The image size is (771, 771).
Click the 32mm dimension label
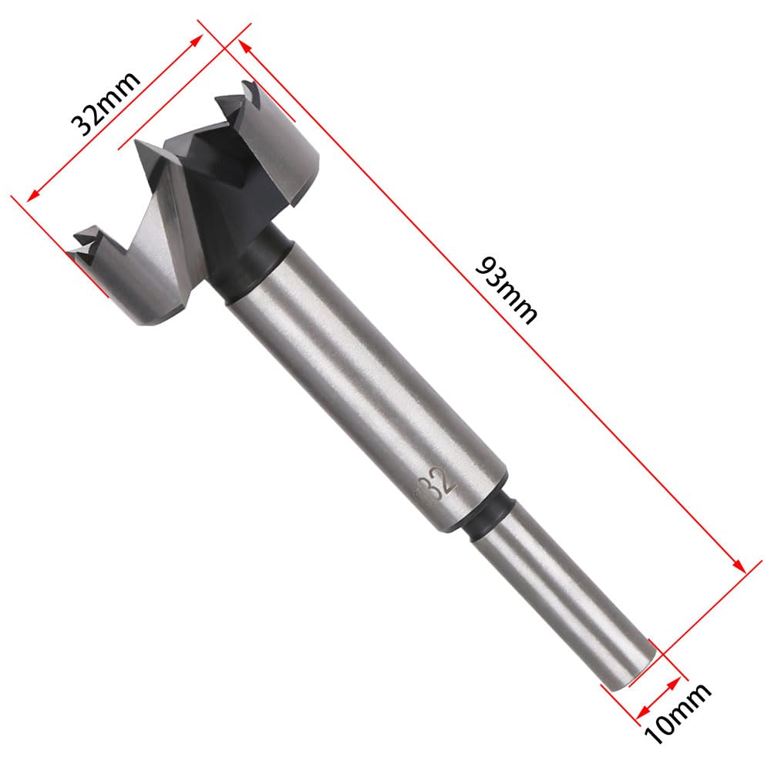coord(105,104)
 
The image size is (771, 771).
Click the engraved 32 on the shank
coord(440,485)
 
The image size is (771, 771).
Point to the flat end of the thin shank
coord(629,672)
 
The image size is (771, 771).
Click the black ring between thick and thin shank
coord(488,517)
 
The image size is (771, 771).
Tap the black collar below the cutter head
coord(255,263)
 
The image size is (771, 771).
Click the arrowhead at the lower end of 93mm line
coord(739,565)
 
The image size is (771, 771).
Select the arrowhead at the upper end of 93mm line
coord(245,47)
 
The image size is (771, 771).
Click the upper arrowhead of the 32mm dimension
coord(196,41)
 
